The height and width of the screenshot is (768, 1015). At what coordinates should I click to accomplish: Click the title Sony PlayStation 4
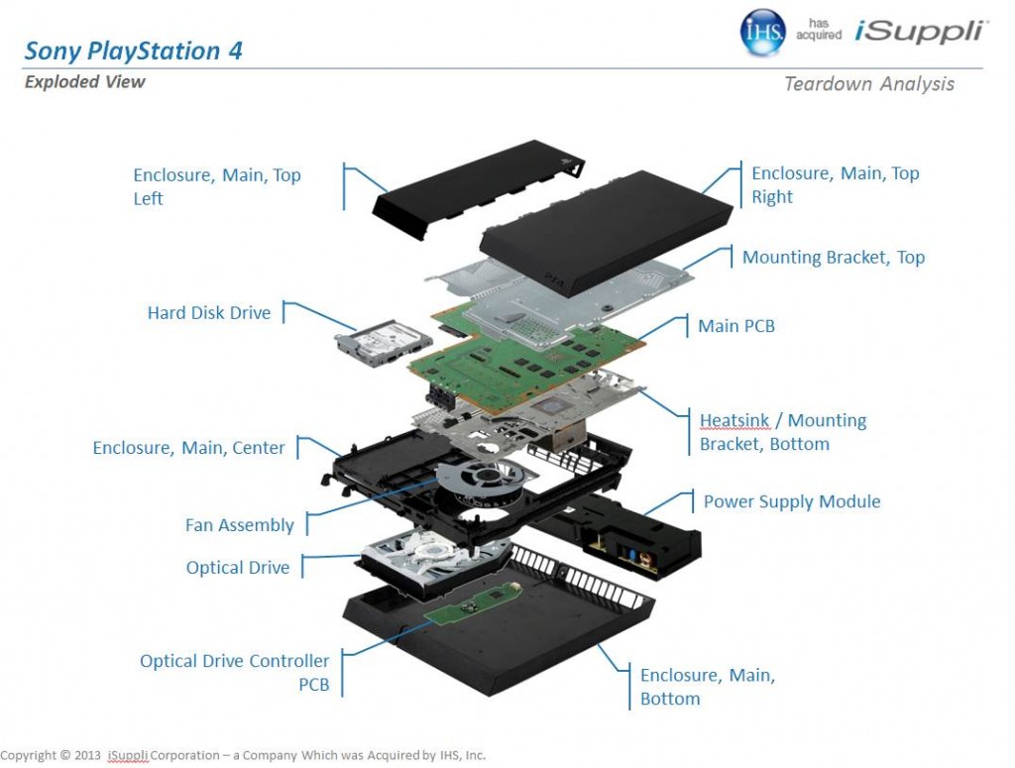tap(133, 51)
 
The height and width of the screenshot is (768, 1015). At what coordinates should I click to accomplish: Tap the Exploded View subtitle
tap(84, 82)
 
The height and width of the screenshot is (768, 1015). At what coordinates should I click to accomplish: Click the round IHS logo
tap(763, 33)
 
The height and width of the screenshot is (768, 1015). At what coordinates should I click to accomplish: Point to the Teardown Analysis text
tap(868, 84)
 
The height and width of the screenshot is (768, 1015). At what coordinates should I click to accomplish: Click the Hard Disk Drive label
tap(208, 313)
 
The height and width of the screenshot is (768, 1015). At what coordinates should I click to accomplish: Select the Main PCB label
tap(735, 325)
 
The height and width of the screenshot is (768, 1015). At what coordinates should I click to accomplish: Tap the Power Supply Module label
tap(791, 501)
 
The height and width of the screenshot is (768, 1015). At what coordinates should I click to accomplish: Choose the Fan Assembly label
tap(240, 525)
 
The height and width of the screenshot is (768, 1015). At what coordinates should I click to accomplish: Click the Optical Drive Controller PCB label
tap(234, 672)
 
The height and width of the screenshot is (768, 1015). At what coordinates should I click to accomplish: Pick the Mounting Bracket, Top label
tap(833, 258)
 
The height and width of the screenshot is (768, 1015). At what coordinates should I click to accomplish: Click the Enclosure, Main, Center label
tap(188, 448)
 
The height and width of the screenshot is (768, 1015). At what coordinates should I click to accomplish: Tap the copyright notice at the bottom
tap(243, 754)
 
